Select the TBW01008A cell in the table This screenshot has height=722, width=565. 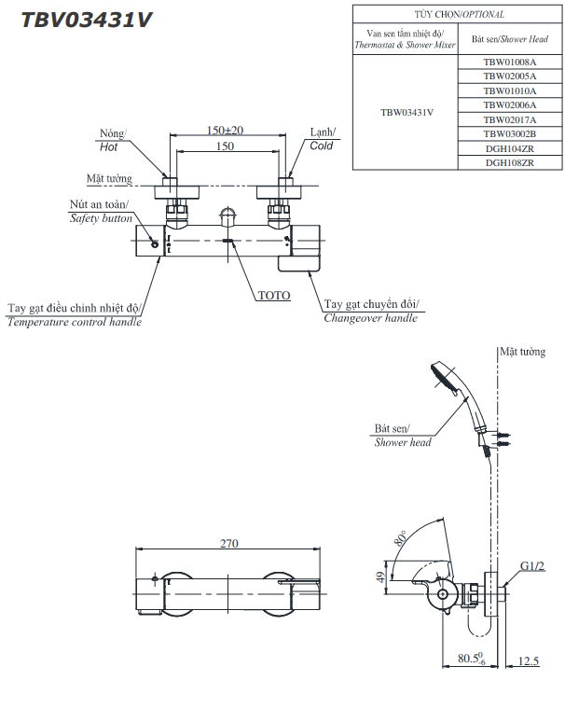pos(509,62)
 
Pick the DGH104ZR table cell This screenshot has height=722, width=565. pos(509,148)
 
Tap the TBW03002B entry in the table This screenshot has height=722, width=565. pos(509,134)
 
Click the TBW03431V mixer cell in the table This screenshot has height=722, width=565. pos(407,112)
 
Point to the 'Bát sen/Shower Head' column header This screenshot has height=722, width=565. pos(509,39)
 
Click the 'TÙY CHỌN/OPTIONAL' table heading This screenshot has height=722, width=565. pos(458,14)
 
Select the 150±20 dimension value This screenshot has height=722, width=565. pos(225,130)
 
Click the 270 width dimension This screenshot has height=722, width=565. pos(229,544)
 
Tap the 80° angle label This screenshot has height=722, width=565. pos(402,540)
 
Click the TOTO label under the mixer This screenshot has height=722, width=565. pos(274,296)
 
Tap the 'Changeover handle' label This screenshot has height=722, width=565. pos(370,318)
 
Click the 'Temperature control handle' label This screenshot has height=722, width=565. pos(75,322)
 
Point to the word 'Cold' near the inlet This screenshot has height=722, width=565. pos(322,146)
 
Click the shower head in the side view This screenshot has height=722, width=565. pos(444,379)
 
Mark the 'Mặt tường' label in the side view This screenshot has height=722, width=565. pos(521,353)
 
